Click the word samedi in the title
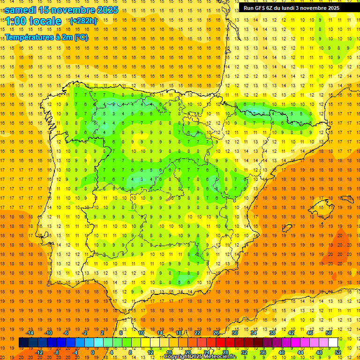tap(21, 10)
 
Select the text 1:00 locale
tap(33, 21)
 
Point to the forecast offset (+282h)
tap(83, 21)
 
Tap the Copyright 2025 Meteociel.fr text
tap(200, 357)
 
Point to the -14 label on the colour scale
tap(30, 333)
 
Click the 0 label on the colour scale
tap(93, 352)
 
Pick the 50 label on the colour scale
tap(329, 333)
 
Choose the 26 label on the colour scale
tap(216, 333)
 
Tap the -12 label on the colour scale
tap(39, 352)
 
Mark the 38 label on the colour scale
tap(272, 333)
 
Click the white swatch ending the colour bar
tap(333, 343)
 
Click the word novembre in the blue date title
tap(71, 10)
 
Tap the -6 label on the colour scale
tap(67, 333)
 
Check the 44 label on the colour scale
tap(300, 352)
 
